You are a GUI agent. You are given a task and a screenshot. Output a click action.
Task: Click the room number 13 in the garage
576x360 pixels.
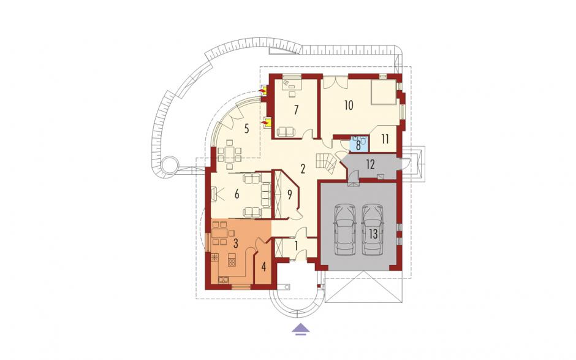373,234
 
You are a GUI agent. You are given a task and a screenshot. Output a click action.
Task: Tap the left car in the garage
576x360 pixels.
345,230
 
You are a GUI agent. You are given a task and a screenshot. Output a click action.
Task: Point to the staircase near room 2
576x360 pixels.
326,164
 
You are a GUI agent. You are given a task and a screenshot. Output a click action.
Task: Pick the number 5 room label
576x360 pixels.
246,129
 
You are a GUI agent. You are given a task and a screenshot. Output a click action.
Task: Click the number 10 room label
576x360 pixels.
349,105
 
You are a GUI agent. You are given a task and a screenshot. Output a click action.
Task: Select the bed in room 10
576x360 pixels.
383,92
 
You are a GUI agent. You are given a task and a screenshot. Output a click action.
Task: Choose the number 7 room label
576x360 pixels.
296,110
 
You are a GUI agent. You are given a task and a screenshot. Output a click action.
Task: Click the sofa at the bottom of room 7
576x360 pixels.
286,132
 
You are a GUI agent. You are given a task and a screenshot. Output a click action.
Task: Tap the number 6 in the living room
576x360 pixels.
237,194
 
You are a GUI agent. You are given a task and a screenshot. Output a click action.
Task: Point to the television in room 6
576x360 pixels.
215,193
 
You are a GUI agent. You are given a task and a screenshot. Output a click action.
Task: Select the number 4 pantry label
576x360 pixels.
263,267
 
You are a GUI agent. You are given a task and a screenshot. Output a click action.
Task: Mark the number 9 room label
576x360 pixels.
289,194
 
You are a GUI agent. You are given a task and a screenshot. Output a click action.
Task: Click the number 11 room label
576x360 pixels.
385,139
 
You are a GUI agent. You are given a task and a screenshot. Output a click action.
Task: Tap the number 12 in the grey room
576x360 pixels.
370,164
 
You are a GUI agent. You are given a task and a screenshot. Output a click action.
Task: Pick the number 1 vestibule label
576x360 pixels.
296,245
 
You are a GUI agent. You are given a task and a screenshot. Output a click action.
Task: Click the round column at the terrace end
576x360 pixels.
169,164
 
